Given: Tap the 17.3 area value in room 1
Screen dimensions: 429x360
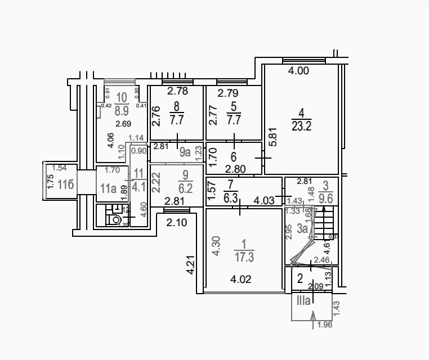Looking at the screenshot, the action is tap(244, 258).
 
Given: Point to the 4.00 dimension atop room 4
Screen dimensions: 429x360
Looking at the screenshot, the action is tap(298, 71).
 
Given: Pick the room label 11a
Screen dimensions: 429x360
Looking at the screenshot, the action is tap(108, 188).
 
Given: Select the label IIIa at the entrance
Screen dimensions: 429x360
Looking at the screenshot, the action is tap(303, 301).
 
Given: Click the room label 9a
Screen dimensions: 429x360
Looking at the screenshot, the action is tap(184, 151).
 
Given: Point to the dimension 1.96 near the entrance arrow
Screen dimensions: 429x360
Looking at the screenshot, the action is tap(325, 325).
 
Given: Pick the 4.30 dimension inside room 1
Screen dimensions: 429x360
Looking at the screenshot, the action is tap(216, 246).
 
